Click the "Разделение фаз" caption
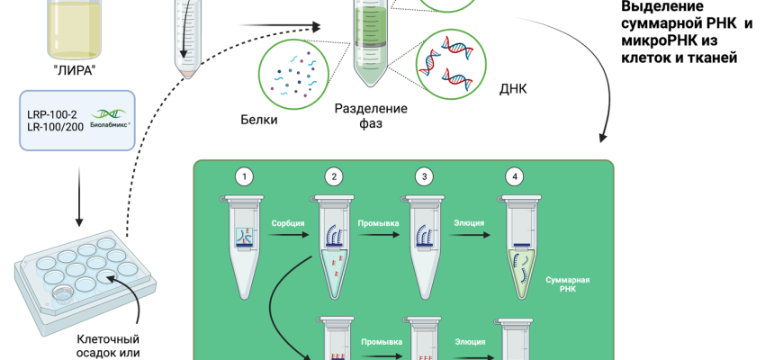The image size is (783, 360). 371,116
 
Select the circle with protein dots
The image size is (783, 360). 292,73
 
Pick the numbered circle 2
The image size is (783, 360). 334,176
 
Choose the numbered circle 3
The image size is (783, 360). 424,176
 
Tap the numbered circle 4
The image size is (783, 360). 514,176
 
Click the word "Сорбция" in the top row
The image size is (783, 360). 288,220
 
